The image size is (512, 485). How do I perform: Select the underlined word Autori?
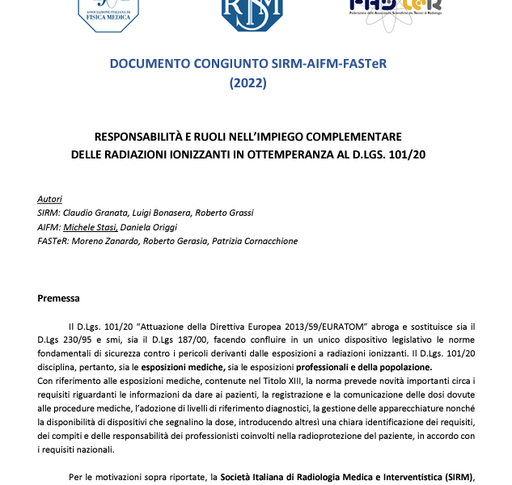(x=49, y=199)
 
